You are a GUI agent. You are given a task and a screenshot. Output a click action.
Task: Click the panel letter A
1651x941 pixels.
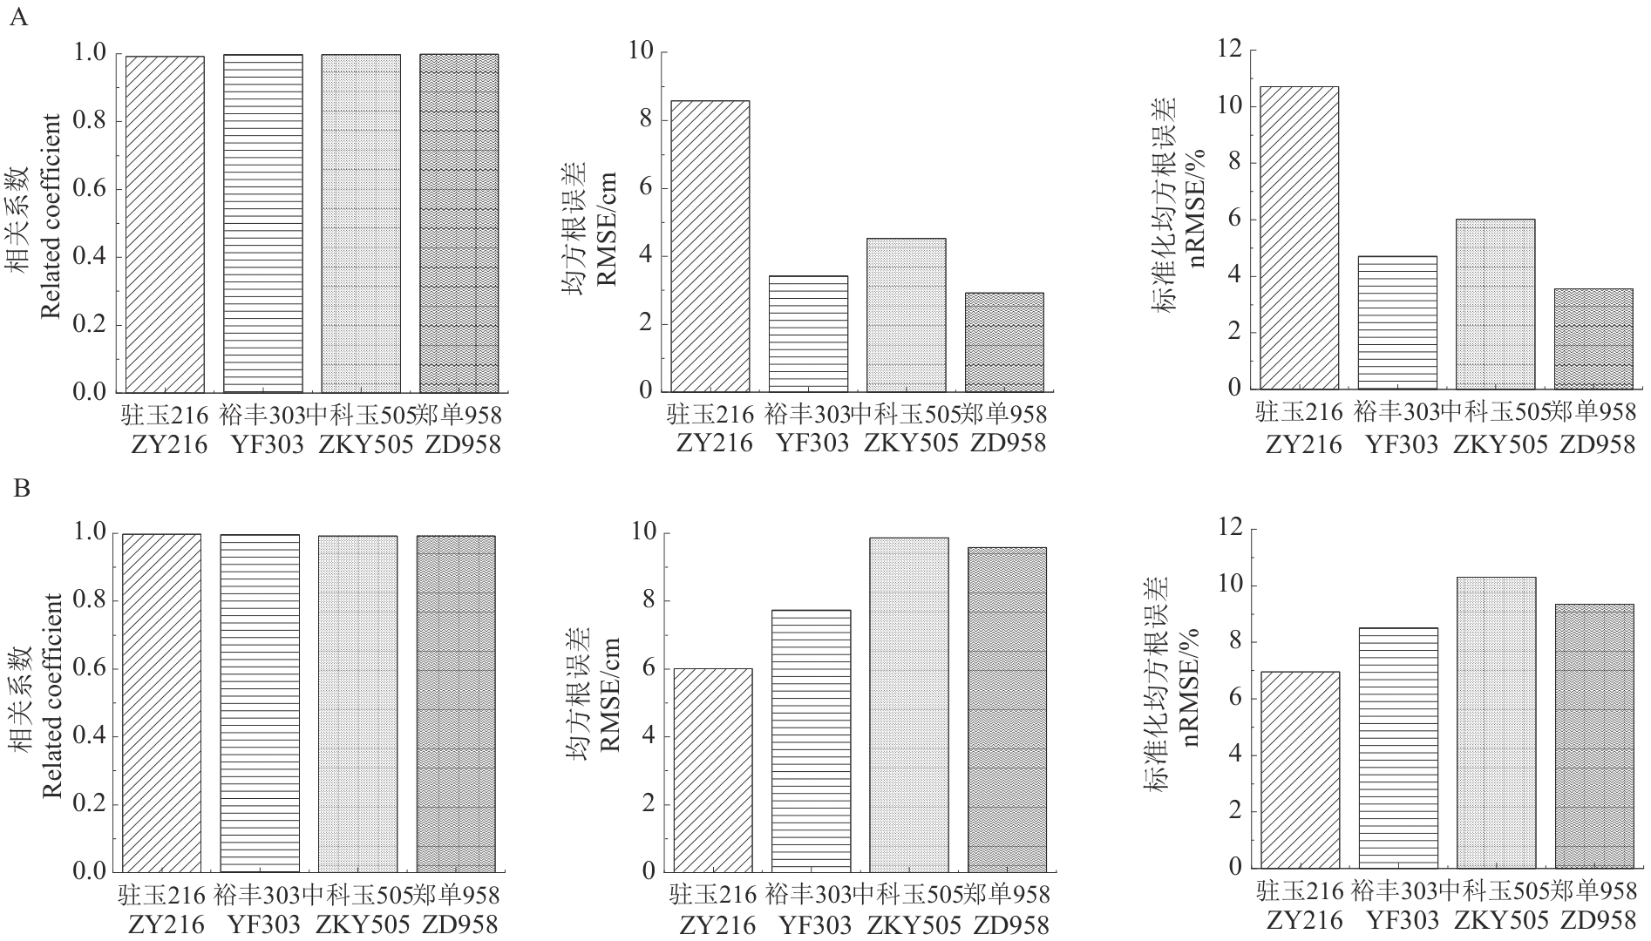18,18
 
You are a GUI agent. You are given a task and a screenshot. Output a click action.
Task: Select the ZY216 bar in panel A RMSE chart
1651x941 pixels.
710,246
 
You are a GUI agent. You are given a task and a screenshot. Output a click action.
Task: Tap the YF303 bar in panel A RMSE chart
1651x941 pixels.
808,334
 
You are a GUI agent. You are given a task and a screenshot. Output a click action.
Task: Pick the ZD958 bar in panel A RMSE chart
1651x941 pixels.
1004,342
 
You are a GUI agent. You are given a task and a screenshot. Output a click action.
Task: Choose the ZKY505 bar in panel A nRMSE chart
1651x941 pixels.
1496,304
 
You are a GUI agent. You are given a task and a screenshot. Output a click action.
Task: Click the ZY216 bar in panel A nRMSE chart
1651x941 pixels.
1300,238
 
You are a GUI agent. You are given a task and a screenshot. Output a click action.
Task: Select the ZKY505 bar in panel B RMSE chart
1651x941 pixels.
909,705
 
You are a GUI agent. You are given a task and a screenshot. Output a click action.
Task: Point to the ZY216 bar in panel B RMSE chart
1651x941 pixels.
713,770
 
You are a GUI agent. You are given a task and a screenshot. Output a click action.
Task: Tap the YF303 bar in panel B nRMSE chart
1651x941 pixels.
1398,748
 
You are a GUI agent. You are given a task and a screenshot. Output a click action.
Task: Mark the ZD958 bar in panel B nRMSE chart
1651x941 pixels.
1594,736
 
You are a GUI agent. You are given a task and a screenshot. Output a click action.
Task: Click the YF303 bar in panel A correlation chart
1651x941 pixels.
263,223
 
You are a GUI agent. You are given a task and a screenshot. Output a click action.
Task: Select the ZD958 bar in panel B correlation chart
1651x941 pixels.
454,704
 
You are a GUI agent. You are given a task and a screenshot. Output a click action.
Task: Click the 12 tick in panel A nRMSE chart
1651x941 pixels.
1229,51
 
